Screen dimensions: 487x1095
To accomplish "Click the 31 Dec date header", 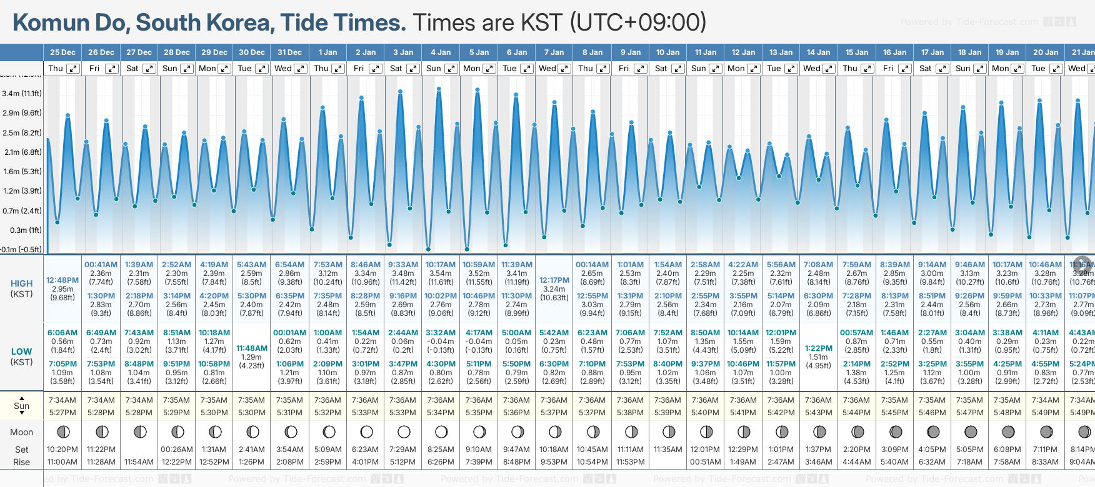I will [289, 52].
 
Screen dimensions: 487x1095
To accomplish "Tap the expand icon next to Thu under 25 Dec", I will [73, 69].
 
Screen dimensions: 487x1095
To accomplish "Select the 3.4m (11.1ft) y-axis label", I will [22, 94].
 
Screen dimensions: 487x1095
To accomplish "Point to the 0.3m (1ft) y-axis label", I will [22, 230].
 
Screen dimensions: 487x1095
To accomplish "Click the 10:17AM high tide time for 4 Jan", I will [441, 265].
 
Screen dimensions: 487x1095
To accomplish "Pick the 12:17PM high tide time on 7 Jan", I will [554, 280].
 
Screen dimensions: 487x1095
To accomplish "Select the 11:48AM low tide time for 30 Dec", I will [252, 348].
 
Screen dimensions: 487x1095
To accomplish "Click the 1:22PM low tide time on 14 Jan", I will [818, 348].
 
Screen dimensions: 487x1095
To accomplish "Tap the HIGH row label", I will [22, 283].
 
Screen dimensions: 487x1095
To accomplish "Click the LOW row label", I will [22, 352].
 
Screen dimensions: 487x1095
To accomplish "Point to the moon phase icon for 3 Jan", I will [404, 431].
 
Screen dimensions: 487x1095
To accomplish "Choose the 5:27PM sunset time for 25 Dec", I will [62, 413].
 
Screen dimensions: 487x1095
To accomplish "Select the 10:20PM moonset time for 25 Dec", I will [62, 450].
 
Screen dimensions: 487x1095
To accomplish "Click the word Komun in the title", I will [51, 23].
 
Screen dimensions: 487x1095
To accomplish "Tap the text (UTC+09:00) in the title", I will [637, 23].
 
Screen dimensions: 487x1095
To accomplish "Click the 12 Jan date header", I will [744, 52].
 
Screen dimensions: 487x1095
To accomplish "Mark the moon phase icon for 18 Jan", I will [971, 431].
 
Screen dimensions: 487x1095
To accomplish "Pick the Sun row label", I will [22, 406].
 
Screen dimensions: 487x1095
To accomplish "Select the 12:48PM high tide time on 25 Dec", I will [62, 280].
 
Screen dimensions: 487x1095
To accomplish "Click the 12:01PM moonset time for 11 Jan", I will [705, 450].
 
